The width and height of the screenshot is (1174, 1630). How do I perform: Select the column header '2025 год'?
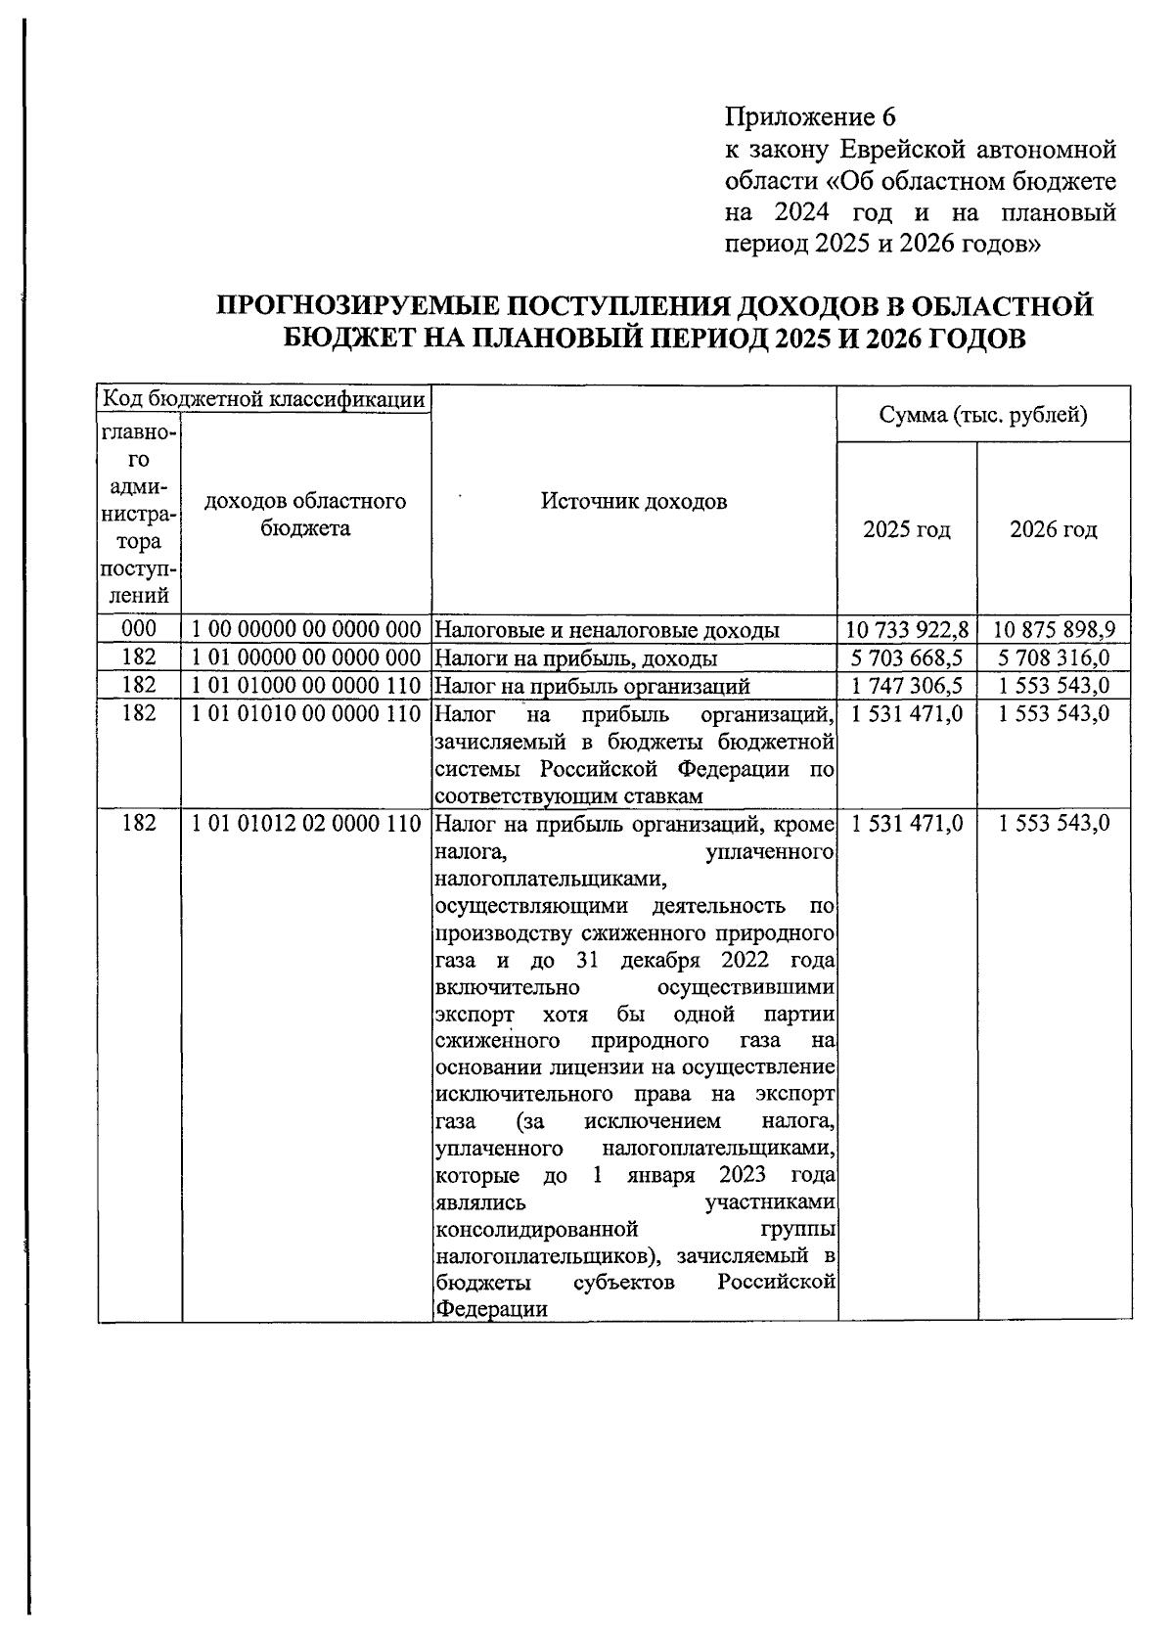(907, 530)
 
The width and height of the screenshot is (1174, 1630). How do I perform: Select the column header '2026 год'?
(1054, 530)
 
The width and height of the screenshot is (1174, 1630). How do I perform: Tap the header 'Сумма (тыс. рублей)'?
(983, 415)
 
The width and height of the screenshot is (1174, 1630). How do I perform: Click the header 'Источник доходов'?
(634, 502)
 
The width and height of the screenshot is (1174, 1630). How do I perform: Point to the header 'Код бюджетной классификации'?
(264, 399)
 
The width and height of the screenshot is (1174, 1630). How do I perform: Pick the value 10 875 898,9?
(1055, 629)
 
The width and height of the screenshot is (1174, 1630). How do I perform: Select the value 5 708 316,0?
(1055, 657)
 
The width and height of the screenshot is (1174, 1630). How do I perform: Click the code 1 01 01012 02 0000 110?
(306, 824)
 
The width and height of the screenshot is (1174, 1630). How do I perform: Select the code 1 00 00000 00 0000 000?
(306, 629)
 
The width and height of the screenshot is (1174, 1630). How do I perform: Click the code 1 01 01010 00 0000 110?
(306, 713)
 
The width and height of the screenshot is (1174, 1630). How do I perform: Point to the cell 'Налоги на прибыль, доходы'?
(576, 657)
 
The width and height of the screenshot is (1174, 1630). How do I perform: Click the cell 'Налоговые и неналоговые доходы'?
(607, 629)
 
